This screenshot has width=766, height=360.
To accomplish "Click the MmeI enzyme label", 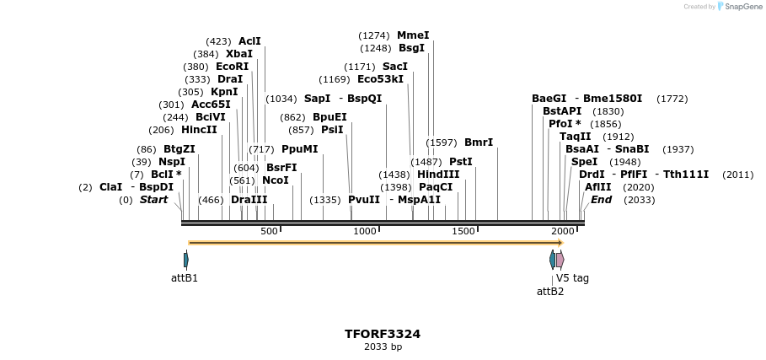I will click(413, 35).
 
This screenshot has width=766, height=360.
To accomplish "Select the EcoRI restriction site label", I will click(233, 67).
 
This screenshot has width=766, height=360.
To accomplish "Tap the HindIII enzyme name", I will click(438, 175).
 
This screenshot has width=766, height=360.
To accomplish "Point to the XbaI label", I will click(239, 54).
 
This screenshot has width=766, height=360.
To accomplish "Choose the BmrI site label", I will click(479, 142).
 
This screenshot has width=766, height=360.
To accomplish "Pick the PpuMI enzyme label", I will click(300, 149).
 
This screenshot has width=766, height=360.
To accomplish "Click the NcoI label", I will click(276, 180).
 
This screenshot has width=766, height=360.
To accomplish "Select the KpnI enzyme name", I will click(224, 92).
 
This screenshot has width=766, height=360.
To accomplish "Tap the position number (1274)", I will click(374, 35).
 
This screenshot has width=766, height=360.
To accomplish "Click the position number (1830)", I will click(608, 111).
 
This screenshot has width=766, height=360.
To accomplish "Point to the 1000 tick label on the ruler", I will click(366, 231).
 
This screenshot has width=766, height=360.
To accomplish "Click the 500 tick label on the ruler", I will click(269, 231).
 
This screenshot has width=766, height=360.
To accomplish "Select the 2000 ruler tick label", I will click(562, 231).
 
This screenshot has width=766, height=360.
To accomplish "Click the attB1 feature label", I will click(185, 277).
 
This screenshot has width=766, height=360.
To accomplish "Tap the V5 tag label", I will click(572, 277).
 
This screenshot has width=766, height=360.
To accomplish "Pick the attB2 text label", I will click(550, 292).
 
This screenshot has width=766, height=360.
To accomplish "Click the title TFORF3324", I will click(383, 334).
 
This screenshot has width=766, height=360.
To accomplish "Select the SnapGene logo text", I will click(742, 7).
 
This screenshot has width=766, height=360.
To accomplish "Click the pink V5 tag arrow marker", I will click(560, 259).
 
